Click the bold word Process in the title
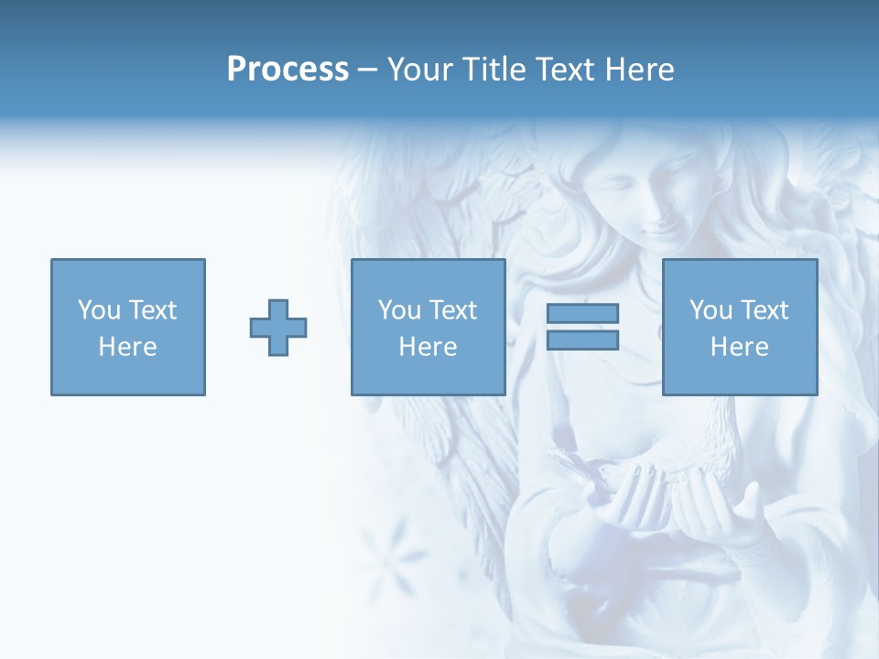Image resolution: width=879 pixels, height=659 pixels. click(288, 70)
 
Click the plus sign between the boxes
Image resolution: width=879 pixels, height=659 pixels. click(278, 328)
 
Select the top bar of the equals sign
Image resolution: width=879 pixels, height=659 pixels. click(582, 314)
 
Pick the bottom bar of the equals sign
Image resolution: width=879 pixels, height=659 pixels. click(582, 340)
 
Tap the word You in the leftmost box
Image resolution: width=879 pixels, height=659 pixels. click(98, 310)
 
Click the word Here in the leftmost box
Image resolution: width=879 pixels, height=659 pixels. click(127, 347)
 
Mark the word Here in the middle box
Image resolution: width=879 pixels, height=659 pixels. click(428, 347)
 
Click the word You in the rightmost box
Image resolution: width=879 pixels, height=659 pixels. click(711, 310)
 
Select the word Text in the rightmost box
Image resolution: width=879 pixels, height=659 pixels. click(764, 310)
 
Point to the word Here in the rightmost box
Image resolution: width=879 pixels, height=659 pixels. click(739, 347)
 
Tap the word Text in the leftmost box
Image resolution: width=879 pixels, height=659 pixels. click(152, 310)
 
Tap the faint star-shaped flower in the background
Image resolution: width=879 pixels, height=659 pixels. click(394, 549)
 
